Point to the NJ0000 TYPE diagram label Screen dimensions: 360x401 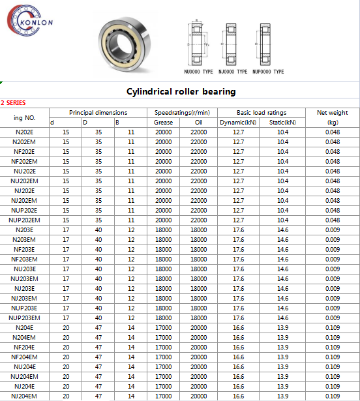pos(233,71)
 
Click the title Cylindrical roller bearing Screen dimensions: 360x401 pos(180,91)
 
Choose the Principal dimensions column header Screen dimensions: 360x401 pos(98,113)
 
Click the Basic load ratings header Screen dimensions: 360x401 pos(261,113)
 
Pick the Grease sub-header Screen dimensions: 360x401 pos(163,123)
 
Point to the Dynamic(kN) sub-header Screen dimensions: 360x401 pos(238,123)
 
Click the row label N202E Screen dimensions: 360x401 pos(25,132)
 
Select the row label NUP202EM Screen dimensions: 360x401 pos(25,220)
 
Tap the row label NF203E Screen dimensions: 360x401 pos(25,250)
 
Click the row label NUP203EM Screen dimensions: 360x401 pos(25,318)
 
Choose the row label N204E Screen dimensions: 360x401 pos(25,328)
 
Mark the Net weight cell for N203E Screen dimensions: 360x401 pos(333,230)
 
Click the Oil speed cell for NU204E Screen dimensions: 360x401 pos(199,367)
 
